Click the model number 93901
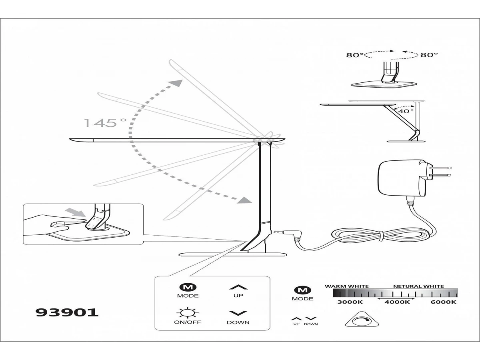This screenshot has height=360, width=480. (x=67, y=312)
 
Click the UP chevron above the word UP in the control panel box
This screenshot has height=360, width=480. (x=238, y=287)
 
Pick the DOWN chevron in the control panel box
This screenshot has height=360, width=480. (x=238, y=313)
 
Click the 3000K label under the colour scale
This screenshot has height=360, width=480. (x=350, y=302)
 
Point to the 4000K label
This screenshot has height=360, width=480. (x=397, y=302)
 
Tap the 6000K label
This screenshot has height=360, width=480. (x=443, y=302)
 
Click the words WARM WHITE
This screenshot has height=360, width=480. (x=346, y=286)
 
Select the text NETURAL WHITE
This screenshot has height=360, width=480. (x=418, y=286)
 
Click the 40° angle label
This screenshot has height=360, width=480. (x=406, y=111)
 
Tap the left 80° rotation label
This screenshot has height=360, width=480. (x=355, y=55)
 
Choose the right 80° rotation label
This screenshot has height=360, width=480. (x=429, y=55)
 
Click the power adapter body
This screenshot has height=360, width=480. (x=398, y=178)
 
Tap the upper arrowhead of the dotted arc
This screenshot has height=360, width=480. (x=175, y=84)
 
